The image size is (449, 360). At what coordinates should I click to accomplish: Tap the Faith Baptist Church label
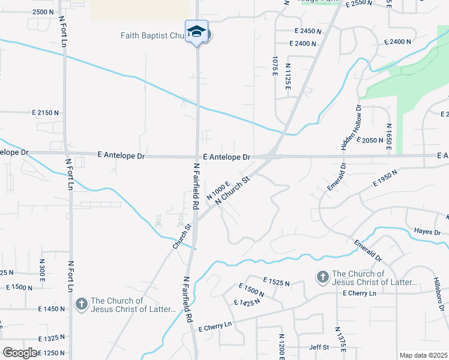pyautogui.click(x=154, y=35)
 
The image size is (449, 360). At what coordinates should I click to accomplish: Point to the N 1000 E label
pyautogui.click(x=218, y=191)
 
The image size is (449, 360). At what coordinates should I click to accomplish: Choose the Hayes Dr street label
pyautogui.click(x=427, y=232)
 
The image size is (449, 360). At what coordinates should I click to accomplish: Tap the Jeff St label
pyautogui.click(x=319, y=347)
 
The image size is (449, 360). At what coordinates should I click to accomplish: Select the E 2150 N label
pyautogui.click(x=45, y=112)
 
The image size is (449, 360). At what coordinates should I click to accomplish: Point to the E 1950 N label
pyautogui.click(x=385, y=181)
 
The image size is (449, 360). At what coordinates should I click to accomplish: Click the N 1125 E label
pyautogui.click(x=288, y=77)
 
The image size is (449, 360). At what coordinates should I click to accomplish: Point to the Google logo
pyautogui.click(x=20, y=353)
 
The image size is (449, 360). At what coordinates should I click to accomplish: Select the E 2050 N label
pyautogui.click(x=370, y=140)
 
